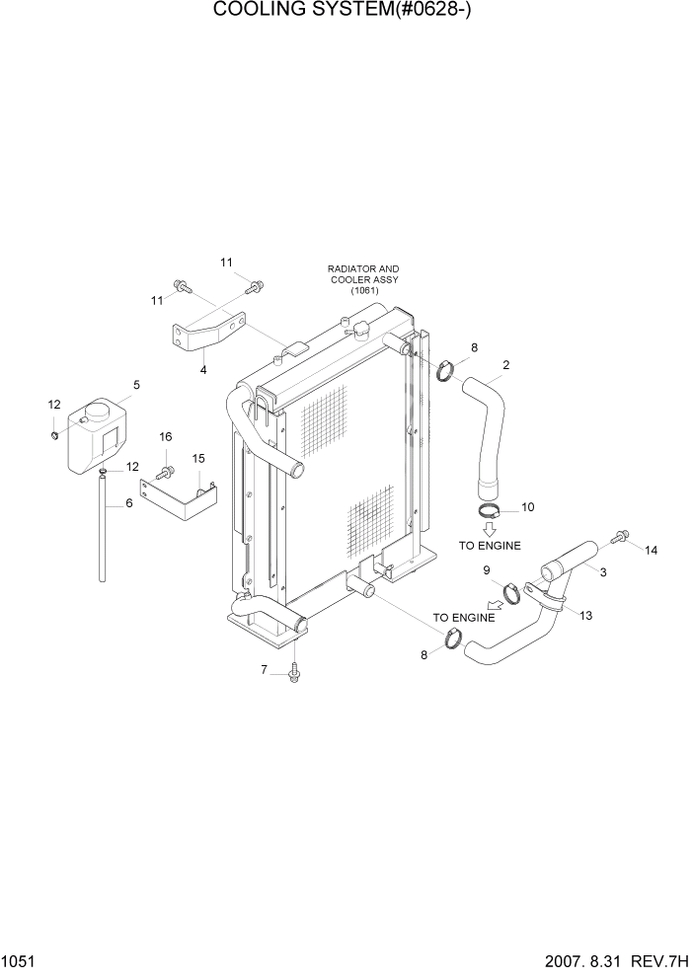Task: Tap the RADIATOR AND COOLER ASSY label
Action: click(x=364, y=279)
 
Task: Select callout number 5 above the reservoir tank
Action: click(x=136, y=385)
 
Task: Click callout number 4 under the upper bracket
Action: click(x=203, y=370)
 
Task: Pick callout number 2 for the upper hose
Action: click(x=505, y=365)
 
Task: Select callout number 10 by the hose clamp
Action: click(x=527, y=507)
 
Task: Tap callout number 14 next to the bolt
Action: click(x=650, y=551)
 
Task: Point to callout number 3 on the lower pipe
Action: click(x=603, y=571)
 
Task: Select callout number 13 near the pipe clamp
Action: click(x=585, y=615)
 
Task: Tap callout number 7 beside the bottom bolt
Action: click(x=264, y=671)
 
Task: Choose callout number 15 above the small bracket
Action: click(x=198, y=458)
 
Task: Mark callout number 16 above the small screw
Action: click(x=166, y=437)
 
